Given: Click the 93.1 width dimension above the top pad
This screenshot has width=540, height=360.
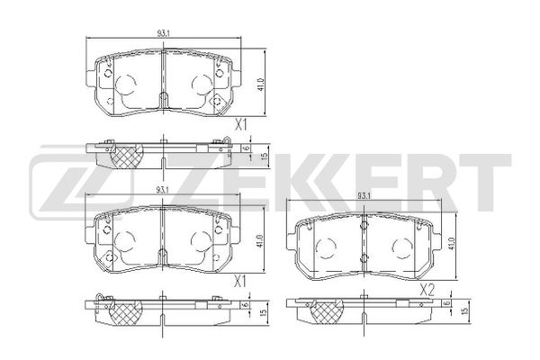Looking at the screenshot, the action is pyautogui.click(x=162, y=33).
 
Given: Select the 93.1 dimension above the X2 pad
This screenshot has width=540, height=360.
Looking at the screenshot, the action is pyautogui.click(x=364, y=196).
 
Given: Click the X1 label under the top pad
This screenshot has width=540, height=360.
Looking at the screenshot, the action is pyautogui.click(x=240, y=126).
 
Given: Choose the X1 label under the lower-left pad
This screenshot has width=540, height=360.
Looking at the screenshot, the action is pyautogui.click(x=239, y=283).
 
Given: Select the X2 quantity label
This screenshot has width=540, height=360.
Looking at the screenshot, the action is pyautogui.click(x=427, y=291).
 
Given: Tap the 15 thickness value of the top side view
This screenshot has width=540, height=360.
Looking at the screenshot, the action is pyautogui.click(x=264, y=156).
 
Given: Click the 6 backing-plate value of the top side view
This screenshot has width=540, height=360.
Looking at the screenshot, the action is pyautogui.click(x=246, y=148).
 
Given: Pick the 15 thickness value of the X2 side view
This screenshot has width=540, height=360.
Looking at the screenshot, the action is pyautogui.click(x=465, y=310).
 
